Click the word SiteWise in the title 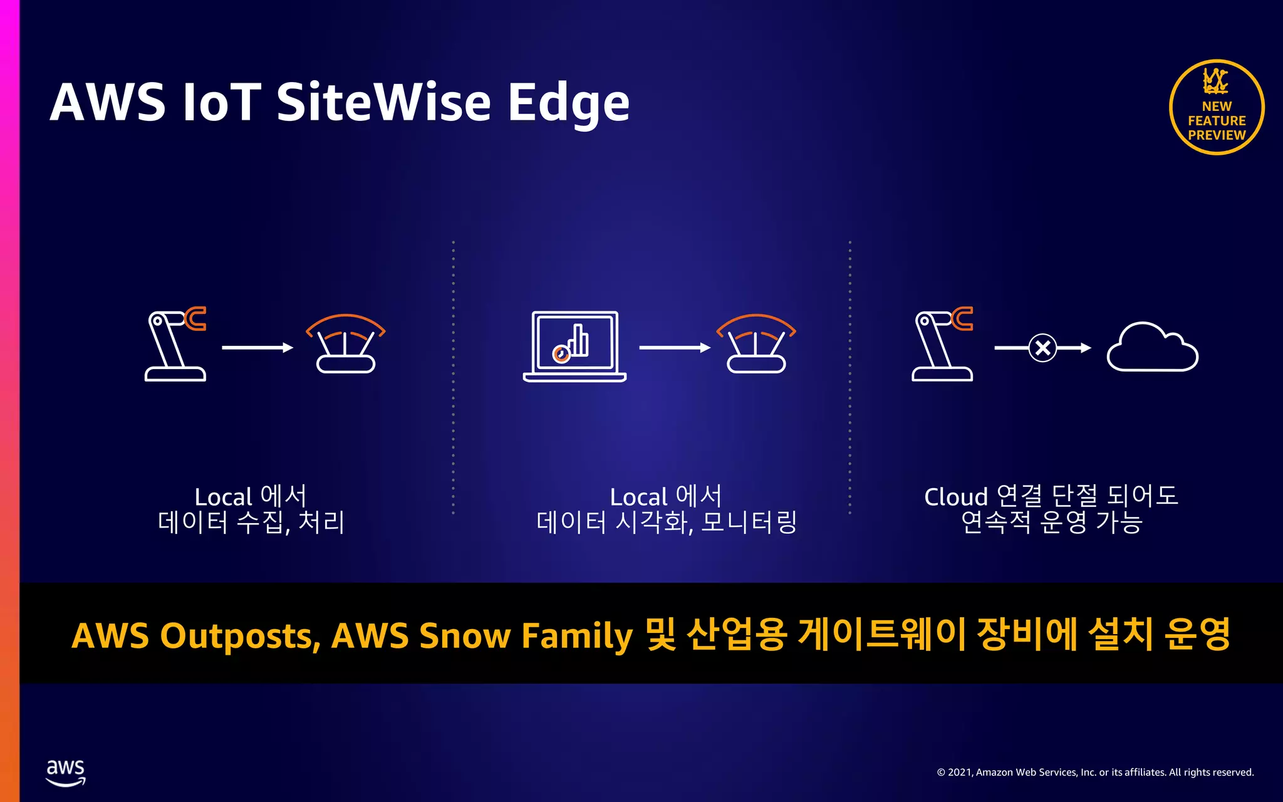pos(383,102)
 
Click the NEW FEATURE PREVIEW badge pos(1217,108)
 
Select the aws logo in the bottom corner pos(66,772)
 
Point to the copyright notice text pos(1095,773)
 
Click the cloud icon pos(1152,348)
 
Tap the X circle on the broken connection pos(1043,348)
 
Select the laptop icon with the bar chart pos(574,346)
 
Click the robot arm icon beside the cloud pos(942,345)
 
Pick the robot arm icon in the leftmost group pos(175,345)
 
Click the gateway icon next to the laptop pos(756,344)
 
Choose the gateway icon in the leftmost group pos(345,344)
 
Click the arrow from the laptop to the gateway pos(675,348)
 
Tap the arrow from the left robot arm pos(257,348)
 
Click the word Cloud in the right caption pos(955,497)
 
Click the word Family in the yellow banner pos(577,637)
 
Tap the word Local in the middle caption pos(638,497)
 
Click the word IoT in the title pos(221,102)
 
